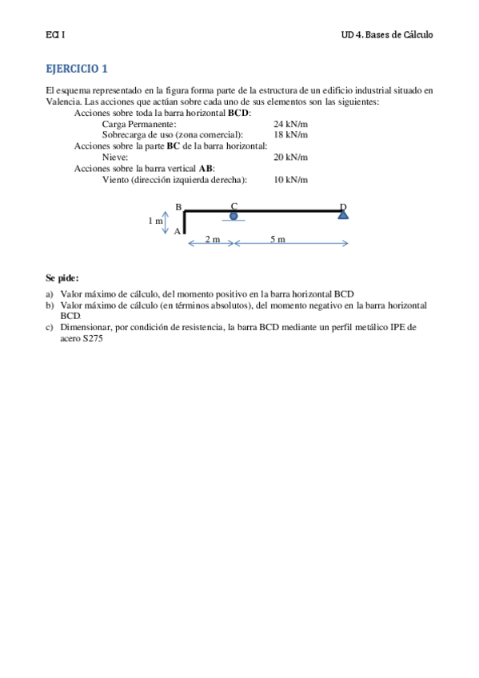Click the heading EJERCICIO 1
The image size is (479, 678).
click(76, 69)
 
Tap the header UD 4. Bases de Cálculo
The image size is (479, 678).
click(386, 35)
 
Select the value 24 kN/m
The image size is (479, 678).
click(290, 125)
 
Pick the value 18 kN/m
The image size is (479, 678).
click(290, 136)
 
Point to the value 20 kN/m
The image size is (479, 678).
click(290, 158)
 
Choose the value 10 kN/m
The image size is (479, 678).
click(290, 180)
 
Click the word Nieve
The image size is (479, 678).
click(115, 158)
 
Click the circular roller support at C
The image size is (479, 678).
click(234, 216)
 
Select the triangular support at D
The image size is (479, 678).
click(343, 214)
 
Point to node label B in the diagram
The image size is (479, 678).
click(178, 207)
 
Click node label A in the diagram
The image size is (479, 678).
click(178, 231)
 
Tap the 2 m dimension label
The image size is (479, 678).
click(213, 240)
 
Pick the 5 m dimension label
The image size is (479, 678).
click(277, 240)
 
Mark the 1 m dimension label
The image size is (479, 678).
click(155, 221)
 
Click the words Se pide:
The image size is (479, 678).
click(62, 278)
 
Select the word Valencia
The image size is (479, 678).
click(62, 102)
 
